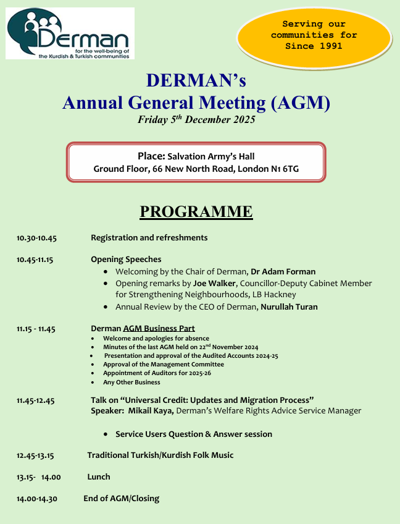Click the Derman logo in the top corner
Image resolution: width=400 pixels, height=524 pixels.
(70, 33)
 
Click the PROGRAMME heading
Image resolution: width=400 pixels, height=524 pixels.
(196, 211)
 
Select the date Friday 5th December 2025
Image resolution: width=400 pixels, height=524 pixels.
(196, 120)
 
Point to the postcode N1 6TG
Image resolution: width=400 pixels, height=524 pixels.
(284, 169)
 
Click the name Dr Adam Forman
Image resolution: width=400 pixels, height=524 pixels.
(284, 271)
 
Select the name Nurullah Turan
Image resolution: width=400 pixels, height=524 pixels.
(289, 306)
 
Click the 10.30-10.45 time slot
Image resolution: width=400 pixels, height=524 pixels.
(37, 238)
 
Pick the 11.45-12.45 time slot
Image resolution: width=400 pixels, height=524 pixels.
(36, 401)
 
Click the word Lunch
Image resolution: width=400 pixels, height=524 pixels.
(99, 476)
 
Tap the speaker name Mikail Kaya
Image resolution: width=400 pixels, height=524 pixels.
(150, 410)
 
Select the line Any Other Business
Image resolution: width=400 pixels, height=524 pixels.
(131, 382)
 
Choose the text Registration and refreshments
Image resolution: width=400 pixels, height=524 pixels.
(149, 237)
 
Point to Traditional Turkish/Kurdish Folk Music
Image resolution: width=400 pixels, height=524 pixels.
(160, 455)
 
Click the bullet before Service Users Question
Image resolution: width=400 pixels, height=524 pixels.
(108, 434)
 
